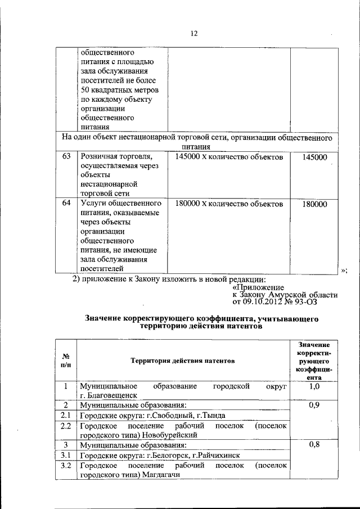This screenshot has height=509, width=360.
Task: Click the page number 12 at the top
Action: [193, 33]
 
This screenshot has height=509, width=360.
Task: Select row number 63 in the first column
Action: [66, 157]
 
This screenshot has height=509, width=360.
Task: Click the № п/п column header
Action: [65, 360]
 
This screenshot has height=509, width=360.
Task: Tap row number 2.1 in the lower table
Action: [65, 416]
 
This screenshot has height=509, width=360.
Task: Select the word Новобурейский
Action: [169, 435]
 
